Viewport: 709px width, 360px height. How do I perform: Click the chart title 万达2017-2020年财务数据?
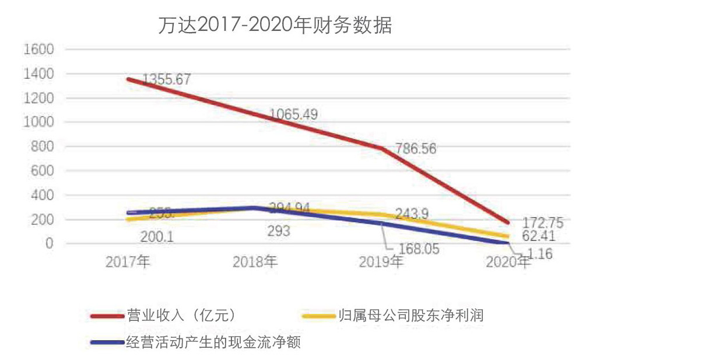pos(275,26)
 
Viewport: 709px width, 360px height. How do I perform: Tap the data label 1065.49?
pos(294,114)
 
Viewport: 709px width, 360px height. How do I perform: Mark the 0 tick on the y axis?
pos(50,243)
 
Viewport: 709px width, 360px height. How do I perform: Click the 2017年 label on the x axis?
pos(128,263)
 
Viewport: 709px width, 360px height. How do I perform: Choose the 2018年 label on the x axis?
pos(255,263)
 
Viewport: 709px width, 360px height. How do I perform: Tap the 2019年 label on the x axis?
pos(382,263)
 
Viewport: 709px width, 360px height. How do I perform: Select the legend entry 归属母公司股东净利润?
pos(410,316)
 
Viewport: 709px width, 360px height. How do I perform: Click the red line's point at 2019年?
pos(382,148)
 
